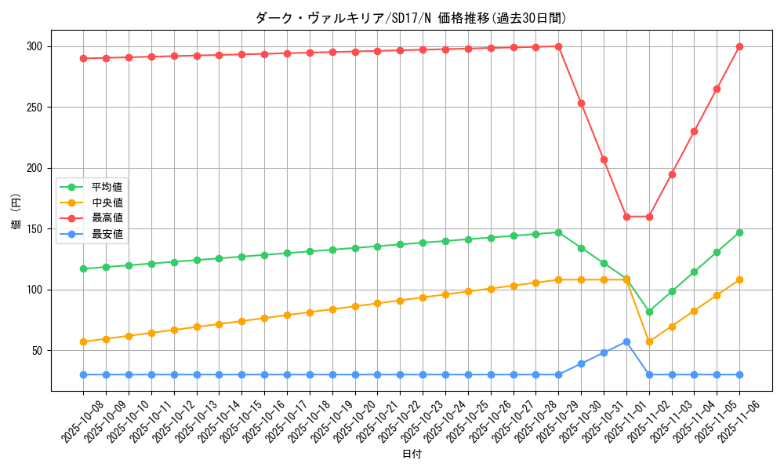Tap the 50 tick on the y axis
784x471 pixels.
tap(36, 351)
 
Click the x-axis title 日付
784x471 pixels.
tap(411, 455)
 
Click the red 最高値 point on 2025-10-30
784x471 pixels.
tap(581, 103)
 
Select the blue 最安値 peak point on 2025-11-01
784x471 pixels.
tap(626, 341)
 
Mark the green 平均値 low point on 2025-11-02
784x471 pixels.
tap(649, 312)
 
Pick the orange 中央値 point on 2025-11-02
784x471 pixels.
tap(649, 341)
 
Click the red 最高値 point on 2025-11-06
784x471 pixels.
tap(739, 46)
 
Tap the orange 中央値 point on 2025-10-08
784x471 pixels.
tap(83, 341)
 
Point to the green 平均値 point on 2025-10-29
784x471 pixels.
tap(558, 232)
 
